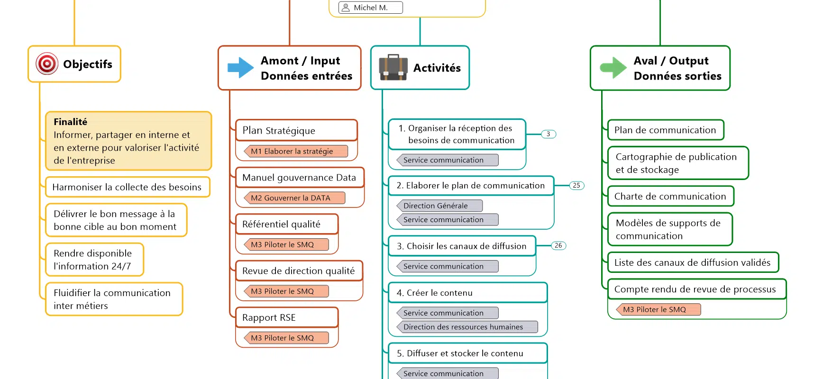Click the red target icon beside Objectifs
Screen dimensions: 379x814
[47, 63]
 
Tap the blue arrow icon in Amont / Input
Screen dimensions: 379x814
[241, 68]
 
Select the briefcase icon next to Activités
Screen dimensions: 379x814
[393, 67]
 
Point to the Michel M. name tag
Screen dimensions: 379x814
[370, 8]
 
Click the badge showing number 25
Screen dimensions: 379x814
[576, 186]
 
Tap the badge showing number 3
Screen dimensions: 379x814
[549, 134]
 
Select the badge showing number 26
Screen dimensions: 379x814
[558, 245]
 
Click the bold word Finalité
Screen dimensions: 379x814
[71, 122]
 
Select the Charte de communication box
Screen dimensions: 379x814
[670, 196]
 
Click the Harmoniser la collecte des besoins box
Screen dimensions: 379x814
[127, 187]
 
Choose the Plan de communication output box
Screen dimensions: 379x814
[665, 130]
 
